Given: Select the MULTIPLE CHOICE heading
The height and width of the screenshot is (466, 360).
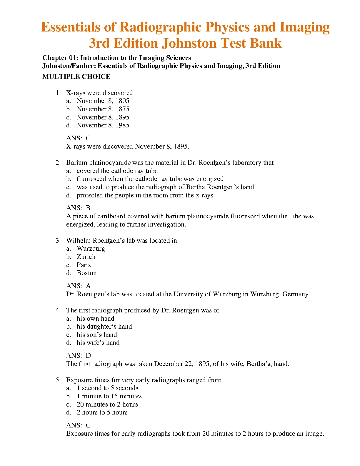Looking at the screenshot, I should (x=76, y=77).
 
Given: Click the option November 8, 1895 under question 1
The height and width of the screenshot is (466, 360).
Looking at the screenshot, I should (x=103, y=117).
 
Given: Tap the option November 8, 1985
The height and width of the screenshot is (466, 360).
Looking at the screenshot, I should (x=103, y=125).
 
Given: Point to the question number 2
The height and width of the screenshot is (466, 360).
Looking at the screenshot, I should (x=58, y=163).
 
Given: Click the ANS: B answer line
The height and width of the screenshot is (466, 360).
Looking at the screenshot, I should (x=78, y=208).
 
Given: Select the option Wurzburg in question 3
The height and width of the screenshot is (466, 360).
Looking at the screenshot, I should (x=91, y=249).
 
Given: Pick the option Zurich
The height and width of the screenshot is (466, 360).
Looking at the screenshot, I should (x=86, y=257).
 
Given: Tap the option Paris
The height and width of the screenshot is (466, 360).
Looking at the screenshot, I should (x=84, y=265).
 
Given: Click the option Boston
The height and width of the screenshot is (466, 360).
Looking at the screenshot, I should (x=86, y=273).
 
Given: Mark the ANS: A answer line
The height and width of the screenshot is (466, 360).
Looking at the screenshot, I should (x=78, y=286).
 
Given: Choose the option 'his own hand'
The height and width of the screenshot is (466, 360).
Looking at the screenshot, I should (x=95, y=318).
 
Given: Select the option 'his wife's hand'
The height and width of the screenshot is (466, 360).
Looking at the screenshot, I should (x=98, y=343).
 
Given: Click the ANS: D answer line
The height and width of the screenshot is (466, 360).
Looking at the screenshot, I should (x=78, y=356).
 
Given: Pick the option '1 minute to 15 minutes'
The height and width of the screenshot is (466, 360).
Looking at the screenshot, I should (x=109, y=396).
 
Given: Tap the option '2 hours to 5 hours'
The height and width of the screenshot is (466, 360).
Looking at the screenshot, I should (x=102, y=412).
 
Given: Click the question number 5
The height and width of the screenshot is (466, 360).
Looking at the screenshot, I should (x=58, y=380).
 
